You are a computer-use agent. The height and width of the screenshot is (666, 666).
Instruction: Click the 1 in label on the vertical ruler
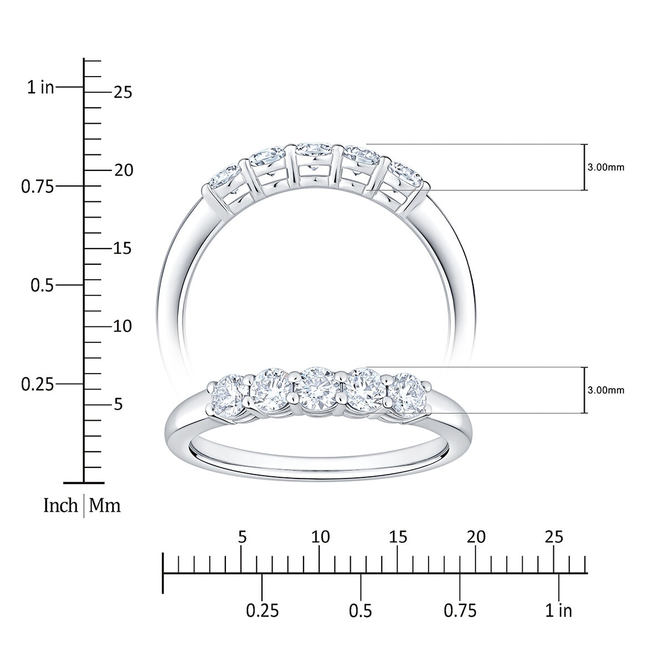(x=41, y=87)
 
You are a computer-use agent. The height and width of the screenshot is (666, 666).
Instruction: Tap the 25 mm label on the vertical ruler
(x=123, y=92)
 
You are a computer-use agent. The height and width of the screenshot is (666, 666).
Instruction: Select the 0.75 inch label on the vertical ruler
(x=38, y=186)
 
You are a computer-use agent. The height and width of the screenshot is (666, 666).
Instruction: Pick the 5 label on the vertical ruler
(x=118, y=405)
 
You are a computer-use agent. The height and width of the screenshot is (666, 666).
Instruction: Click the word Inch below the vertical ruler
(x=60, y=506)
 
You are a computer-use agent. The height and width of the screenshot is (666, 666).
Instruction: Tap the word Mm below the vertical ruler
(x=105, y=506)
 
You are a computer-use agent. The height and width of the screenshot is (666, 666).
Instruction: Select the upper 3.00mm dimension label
(x=606, y=168)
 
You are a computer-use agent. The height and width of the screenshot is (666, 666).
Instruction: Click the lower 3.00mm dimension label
(x=606, y=390)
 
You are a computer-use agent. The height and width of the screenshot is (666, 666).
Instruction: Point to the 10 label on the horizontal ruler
(x=320, y=537)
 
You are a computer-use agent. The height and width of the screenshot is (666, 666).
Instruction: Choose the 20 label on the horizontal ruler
(x=476, y=537)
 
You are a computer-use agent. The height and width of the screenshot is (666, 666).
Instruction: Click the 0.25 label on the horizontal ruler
(x=263, y=611)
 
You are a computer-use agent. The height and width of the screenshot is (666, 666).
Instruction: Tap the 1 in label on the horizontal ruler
(x=558, y=611)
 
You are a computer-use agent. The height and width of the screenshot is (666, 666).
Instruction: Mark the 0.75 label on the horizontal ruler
(x=460, y=611)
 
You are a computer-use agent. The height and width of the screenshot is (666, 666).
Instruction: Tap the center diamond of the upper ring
(x=314, y=152)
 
